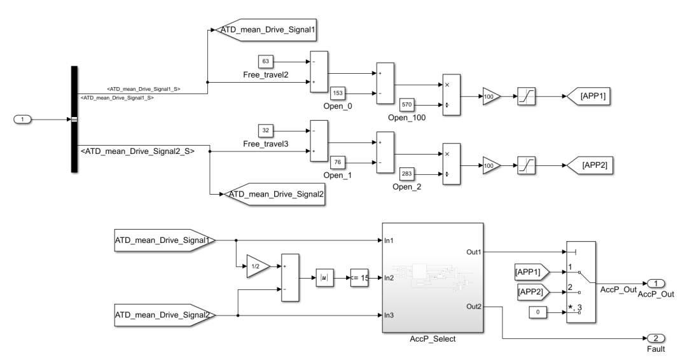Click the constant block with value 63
pos(266,62)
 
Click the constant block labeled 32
pos(266,131)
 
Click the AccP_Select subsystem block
pos(432,277)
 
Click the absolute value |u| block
pos(325,277)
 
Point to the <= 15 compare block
pos(359,277)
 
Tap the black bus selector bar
pos(74,119)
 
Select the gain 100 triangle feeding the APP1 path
pos(490,97)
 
